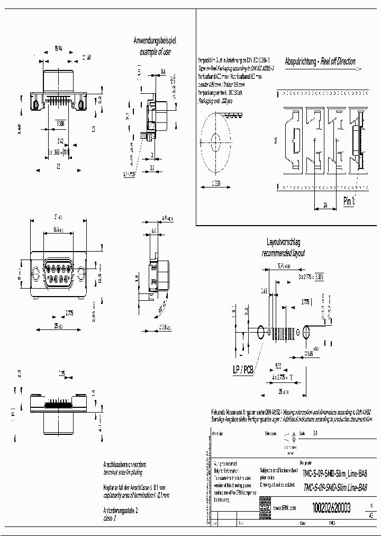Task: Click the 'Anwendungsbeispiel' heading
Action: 158,40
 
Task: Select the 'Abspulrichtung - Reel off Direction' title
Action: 320,61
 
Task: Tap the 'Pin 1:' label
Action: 349,201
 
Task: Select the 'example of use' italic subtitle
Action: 156,52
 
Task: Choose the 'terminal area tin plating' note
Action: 122,472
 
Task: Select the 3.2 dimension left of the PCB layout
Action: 245,310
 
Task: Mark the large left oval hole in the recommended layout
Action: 261,333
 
